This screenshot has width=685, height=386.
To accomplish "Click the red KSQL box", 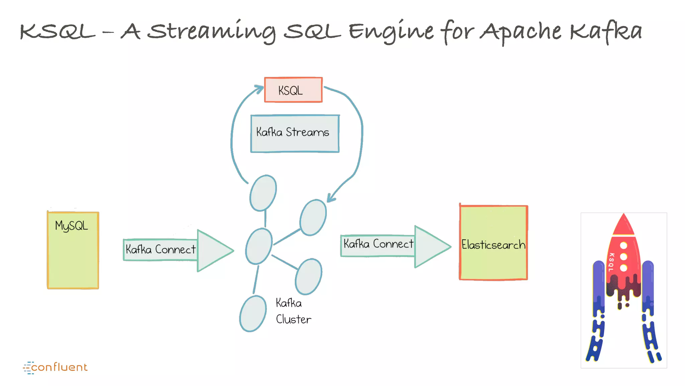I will click(293, 90).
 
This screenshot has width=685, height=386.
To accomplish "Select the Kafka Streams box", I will click(295, 134).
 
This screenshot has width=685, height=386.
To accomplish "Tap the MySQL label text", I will click(72, 226).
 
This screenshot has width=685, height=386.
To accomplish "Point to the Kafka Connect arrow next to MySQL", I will click(178, 250).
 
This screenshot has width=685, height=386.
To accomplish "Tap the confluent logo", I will click(56, 367).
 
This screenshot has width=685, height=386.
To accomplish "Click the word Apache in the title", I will click(520, 32).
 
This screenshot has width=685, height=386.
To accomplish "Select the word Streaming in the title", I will click(212, 32).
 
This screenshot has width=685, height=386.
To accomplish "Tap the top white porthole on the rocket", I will click(623, 246).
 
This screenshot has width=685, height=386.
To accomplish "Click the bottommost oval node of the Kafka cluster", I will click(253, 314).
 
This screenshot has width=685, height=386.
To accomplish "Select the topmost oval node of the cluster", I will click(263, 193).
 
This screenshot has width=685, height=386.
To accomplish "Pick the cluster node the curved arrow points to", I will click(313, 217).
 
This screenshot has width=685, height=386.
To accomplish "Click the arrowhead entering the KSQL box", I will click(259, 89).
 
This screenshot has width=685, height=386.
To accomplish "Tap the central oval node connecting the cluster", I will click(259, 246).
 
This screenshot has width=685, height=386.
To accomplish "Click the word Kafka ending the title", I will click(605, 32).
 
